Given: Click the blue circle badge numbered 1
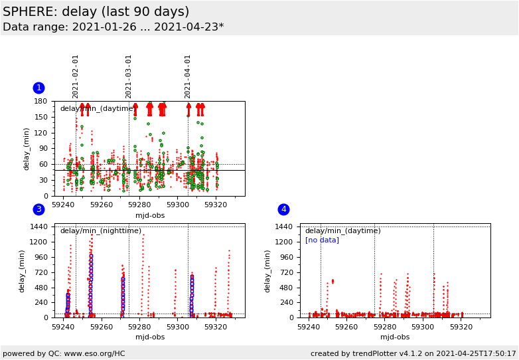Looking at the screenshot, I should tap(38, 88).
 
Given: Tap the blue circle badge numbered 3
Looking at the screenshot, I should tap(38, 209).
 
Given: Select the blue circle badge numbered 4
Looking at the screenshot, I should tap(283, 209).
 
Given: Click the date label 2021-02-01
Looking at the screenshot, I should tap(76, 76).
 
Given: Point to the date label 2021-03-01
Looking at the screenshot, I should tap(129, 76).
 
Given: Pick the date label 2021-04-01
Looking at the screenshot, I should tap(188, 76).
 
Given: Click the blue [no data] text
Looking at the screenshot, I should tap(322, 240).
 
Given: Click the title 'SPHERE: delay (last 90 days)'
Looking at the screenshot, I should tap(96, 12).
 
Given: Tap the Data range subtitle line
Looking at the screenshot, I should tap(113, 27).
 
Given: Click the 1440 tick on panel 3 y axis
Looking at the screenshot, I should tap(38, 226).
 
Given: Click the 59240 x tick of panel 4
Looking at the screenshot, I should tap(309, 327).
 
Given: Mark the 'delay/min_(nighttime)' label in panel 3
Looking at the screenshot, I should tap(101, 231).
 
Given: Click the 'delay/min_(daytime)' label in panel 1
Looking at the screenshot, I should tap(98, 109).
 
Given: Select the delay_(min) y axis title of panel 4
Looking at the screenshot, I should tap(267, 271).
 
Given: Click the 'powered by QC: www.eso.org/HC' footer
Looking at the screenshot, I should tap(64, 353).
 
